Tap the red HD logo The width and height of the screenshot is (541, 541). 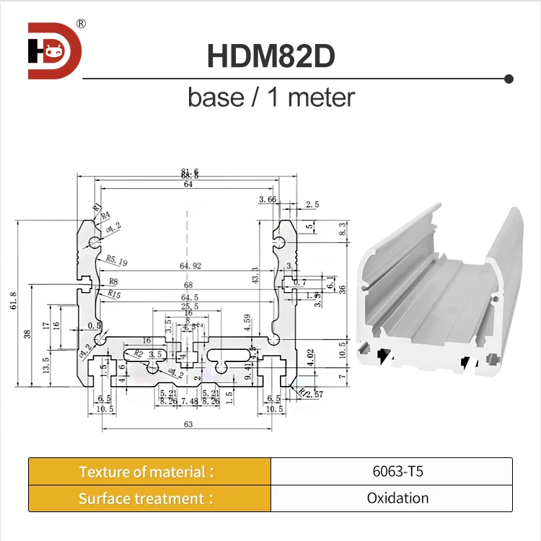55,50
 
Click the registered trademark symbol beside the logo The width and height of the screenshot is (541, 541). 81,24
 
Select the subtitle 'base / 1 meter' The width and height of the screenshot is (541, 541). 271,97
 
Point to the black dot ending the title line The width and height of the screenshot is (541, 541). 509,78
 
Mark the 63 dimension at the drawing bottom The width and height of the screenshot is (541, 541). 188,425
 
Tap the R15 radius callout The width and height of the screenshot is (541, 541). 115,294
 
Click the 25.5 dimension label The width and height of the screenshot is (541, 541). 188,306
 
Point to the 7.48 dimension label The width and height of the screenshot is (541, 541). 189,401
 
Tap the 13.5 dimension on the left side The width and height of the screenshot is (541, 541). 47,363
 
